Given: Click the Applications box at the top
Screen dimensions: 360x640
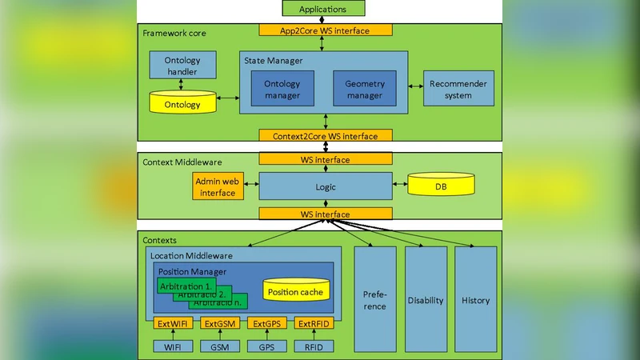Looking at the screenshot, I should click(323, 9).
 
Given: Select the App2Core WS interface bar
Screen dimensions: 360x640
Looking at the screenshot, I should click(324, 30).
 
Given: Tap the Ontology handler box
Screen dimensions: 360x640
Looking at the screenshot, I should click(182, 66).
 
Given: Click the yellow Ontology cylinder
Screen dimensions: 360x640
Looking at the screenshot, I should click(182, 102).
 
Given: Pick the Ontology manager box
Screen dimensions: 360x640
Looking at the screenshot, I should click(282, 89).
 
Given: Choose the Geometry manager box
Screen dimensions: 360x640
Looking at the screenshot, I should click(365, 89).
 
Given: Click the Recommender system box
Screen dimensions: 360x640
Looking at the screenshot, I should click(458, 90).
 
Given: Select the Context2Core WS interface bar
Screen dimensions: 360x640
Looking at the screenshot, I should click(324, 136).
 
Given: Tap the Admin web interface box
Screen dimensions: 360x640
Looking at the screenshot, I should click(218, 187).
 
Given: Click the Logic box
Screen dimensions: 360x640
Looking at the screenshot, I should click(325, 186).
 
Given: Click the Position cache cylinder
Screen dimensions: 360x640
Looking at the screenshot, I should click(295, 291).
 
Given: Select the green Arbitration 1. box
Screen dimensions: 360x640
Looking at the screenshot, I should click(186, 286).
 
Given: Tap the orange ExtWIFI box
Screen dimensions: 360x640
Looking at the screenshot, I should click(174, 323).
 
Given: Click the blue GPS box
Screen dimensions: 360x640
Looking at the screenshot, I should click(267, 347).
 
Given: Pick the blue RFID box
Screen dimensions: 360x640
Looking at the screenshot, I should click(314, 347).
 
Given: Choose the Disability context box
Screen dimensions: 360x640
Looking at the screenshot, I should click(426, 300).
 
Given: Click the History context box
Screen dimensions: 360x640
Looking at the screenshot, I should click(476, 300).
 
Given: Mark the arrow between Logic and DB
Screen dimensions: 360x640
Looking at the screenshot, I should click(400, 186).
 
